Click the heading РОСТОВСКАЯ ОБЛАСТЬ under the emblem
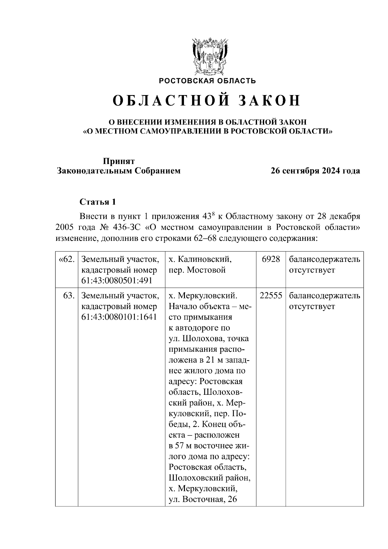(207, 81)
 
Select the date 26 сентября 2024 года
(315, 171)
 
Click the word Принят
(119, 161)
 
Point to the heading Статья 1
(98, 202)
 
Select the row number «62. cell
(67, 259)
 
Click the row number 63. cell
(69, 296)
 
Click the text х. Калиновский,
(200, 259)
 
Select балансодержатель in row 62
(324, 259)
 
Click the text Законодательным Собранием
(119, 171)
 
